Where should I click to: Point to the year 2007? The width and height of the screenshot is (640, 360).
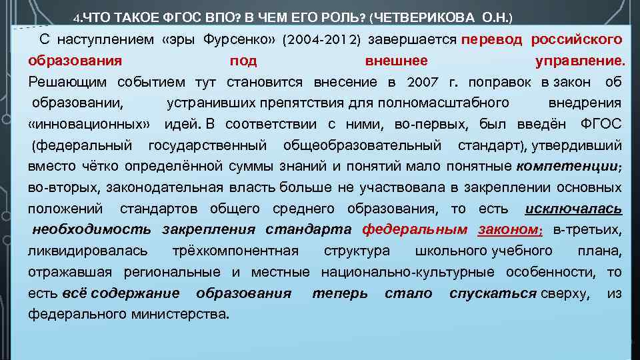pos(421,82)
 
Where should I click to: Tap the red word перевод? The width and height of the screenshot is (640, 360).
pos(492,39)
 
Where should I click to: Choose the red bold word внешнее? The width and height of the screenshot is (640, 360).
pos(397,61)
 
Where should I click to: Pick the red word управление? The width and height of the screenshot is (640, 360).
pos(579,61)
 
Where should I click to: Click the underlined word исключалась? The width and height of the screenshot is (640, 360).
pos(573,209)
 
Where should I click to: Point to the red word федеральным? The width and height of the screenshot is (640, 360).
pos(415,230)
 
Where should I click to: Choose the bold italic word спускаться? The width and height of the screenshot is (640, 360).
pos(493,293)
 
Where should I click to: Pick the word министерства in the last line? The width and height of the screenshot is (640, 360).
pos(181,314)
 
